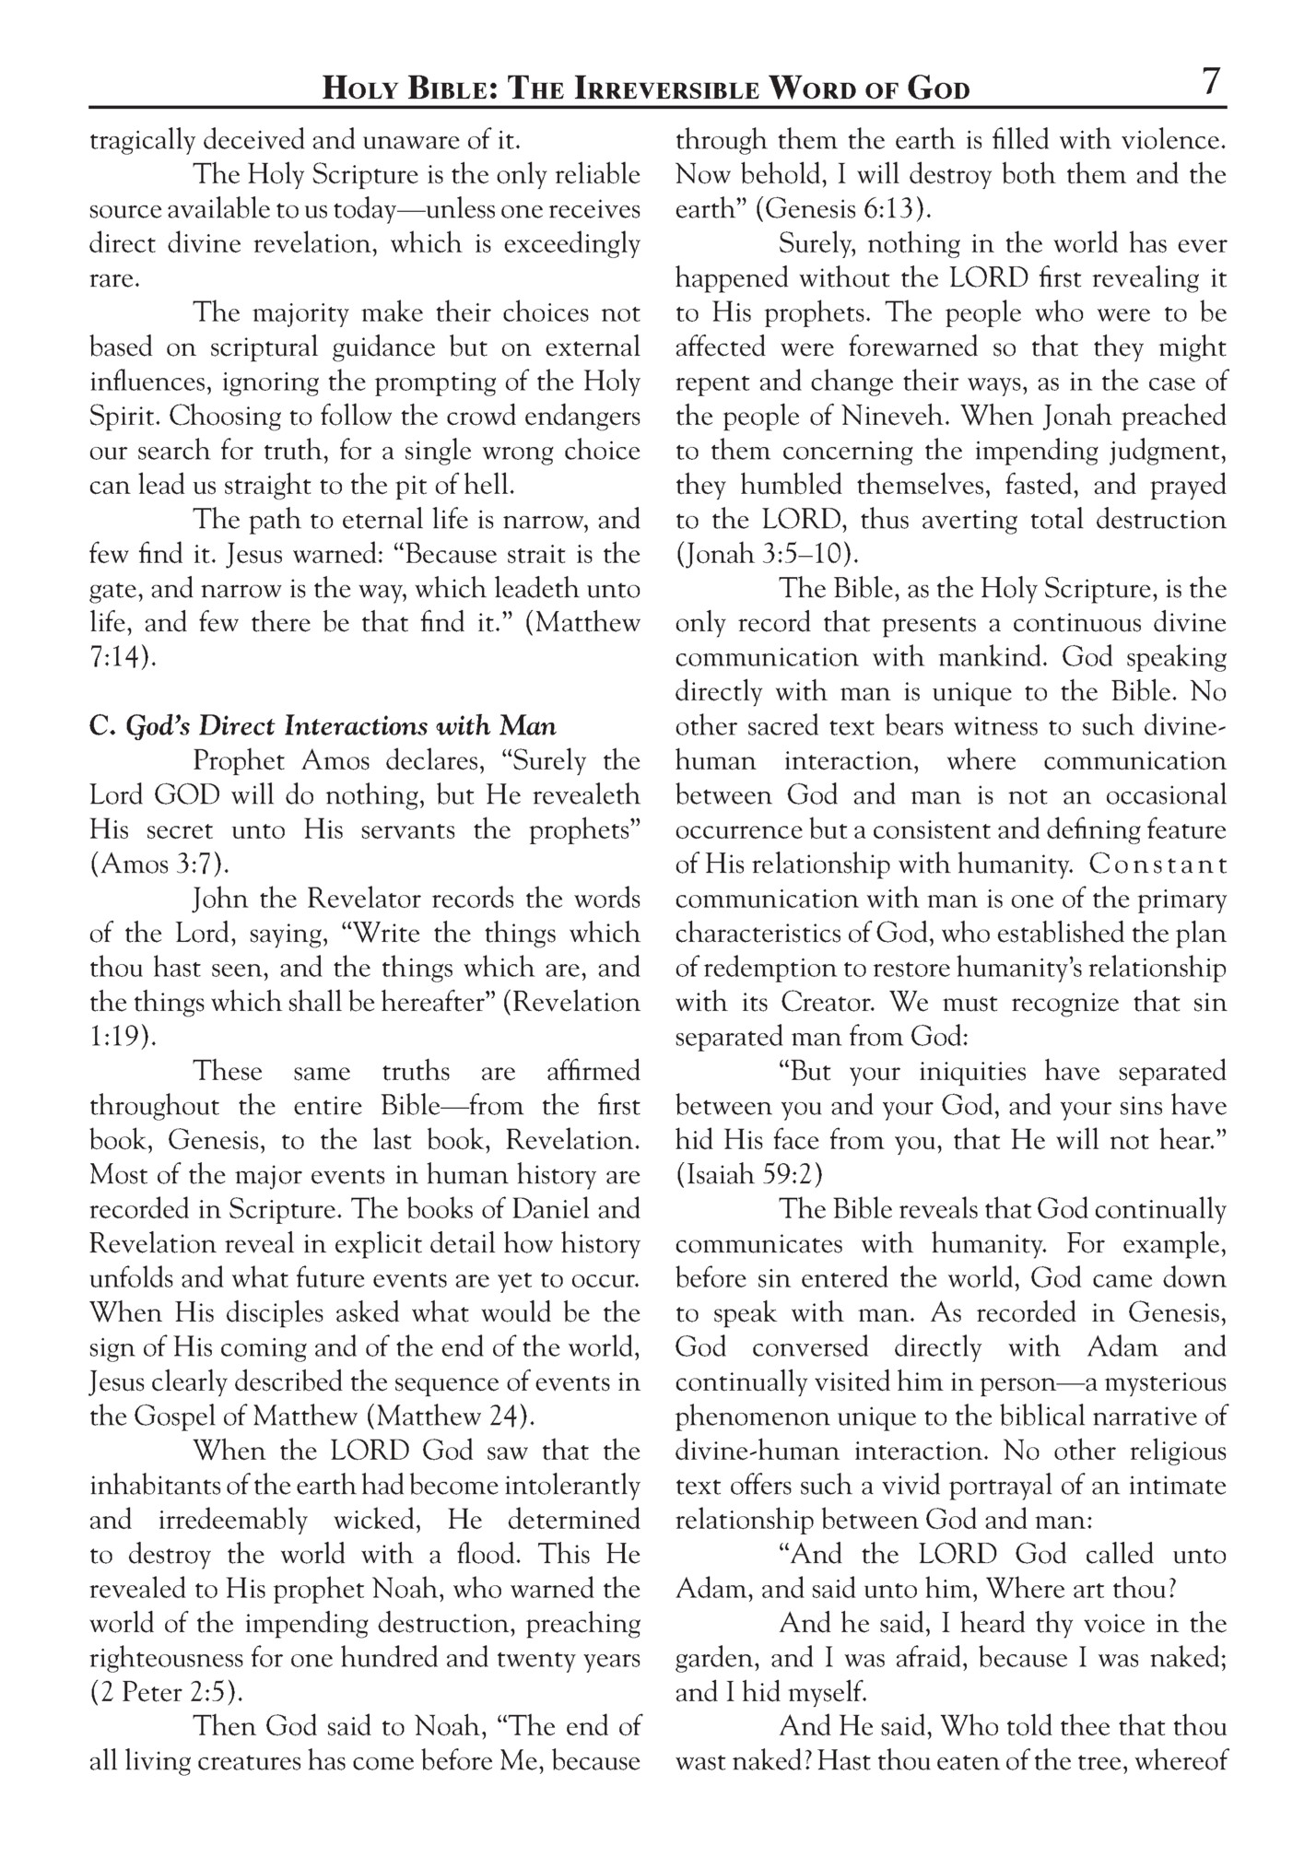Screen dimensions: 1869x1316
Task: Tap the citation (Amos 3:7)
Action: pos(159,864)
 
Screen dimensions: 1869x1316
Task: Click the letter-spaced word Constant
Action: pos(1157,865)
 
